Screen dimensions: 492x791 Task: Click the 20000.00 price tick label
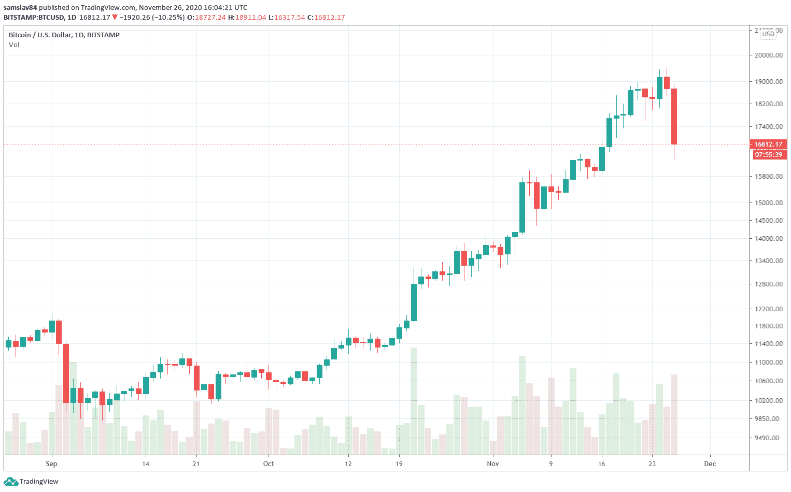(769, 55)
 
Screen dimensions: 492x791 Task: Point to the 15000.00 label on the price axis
(769, 202)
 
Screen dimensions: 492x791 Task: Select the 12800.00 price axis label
(769, 284)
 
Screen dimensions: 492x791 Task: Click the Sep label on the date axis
(51, 464)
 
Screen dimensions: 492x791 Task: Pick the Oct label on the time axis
(269, 464)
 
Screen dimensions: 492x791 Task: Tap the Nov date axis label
(493, 464)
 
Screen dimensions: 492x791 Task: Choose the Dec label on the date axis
(710, 464)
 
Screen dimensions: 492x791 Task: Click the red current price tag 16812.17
(768, 144)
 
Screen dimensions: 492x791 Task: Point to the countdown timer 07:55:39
(768, 155)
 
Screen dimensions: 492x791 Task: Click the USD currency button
(768, 34)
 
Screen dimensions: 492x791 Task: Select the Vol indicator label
(14, 45)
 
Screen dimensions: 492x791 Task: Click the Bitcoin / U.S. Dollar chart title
(64, 35)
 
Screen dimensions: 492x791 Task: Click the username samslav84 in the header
(20, 8)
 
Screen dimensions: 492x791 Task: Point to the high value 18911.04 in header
(251, 18)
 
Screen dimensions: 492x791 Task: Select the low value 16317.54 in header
(290, 18)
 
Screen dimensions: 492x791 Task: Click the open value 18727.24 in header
(210, 18)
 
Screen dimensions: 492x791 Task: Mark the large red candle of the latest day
(674, 117)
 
